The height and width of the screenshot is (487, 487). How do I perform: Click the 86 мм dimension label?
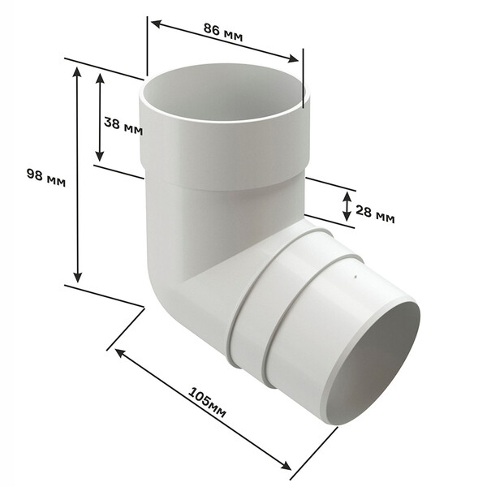223,32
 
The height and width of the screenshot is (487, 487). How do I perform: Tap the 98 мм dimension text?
46,178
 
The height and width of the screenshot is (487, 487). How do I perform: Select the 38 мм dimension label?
123,127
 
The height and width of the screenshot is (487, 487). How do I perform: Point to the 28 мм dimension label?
375,214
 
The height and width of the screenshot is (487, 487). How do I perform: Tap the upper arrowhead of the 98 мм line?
77,71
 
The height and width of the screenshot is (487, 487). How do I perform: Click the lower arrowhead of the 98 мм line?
78,277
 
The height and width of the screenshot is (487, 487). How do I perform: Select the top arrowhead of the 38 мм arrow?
100,78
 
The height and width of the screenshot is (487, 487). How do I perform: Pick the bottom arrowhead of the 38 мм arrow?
99,156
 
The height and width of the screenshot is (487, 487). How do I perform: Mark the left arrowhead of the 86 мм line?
156,24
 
